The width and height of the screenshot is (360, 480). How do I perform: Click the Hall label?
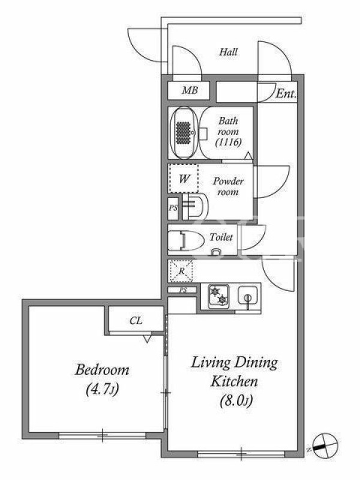pos(229,52)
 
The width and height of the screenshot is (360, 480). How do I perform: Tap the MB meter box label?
pos(190,90)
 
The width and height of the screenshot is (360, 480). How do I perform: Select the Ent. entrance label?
pos(286,93)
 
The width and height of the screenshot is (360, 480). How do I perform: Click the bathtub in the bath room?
pos(183,133)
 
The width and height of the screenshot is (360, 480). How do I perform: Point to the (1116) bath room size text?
pos(229,142)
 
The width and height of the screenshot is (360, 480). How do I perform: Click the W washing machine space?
pos(184,178)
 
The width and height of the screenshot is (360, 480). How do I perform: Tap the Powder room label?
pos(228,186)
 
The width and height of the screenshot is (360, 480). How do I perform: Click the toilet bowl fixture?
pos(186,241)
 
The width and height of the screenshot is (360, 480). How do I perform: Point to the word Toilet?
pos(221,237)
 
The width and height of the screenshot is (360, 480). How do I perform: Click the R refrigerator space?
pos(181,271)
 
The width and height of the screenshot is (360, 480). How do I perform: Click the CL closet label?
pos(136,320)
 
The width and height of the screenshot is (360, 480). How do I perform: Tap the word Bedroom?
pos(102,370)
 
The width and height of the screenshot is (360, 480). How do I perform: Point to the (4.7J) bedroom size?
pos(102,389)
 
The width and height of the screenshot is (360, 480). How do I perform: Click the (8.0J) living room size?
pos(236,401)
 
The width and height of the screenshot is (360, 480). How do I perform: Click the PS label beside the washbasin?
pos(173,208)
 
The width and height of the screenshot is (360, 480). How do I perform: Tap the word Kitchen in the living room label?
pos(235,382)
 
